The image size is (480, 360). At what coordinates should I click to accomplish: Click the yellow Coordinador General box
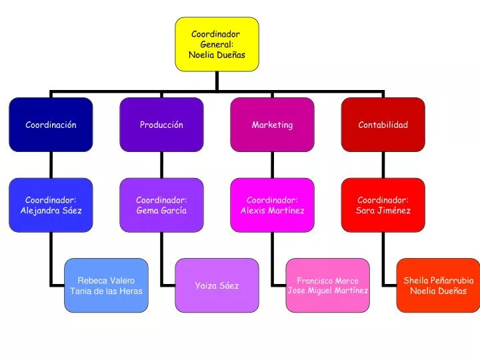tap(217, 45)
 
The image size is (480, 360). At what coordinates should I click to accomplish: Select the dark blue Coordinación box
tap(51, 125)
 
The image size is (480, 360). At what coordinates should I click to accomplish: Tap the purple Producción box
tap(161, 125)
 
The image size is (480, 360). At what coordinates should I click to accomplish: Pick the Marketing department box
tap(273, 125)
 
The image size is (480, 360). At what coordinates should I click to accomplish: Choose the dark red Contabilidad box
tap(383, 125)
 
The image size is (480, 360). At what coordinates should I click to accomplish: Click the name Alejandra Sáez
tap(51, 211)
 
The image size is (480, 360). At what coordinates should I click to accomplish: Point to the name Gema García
tap(161, 211)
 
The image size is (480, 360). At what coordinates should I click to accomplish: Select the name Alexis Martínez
tap(273, 211)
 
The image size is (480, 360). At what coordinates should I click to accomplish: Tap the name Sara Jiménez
tap(383, 211)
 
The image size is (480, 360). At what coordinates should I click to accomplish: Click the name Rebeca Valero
tap(106, 281)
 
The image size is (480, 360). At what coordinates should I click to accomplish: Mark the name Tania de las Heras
tap(106, 291)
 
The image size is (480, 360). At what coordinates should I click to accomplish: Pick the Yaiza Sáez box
tap(217, 285)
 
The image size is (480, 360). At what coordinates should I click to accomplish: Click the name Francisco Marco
tap(327, 281)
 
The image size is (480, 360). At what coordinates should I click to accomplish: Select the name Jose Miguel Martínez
tap(328, 291)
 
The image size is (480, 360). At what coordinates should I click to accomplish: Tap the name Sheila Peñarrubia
tap(439, 281)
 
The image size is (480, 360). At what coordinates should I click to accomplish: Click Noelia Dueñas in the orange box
tap(439, 291)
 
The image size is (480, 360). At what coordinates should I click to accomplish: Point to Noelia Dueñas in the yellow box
tap(217, 55)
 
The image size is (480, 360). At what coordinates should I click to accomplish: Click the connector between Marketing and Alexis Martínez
tap(273, 165)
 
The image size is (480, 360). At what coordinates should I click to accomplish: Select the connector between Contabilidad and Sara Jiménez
tap(383, 165)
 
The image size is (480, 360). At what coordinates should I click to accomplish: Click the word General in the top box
tap(217, 45)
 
